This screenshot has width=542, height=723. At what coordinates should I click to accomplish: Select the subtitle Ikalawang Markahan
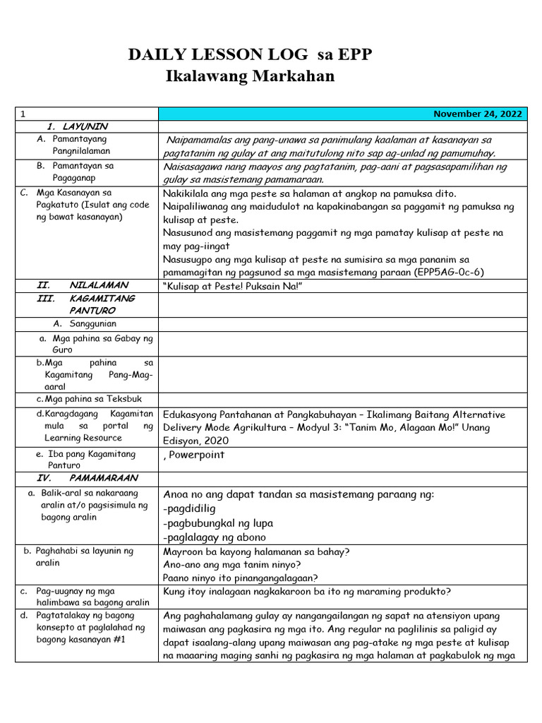(x=249, y=76)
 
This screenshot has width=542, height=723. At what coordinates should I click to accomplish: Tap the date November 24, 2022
(x=478, y=114)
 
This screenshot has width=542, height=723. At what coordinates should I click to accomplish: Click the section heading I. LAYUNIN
(x=77, y=126)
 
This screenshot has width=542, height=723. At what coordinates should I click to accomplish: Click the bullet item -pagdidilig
(x=189, y=508)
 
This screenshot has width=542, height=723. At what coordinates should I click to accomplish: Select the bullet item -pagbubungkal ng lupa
(x=217, y=523)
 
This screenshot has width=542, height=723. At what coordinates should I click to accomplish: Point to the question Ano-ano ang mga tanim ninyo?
(x=236, y=564)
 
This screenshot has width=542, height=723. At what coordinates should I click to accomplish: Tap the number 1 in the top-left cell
(x=23, y=114)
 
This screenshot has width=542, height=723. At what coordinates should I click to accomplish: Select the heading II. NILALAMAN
(x=83, y=285)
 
